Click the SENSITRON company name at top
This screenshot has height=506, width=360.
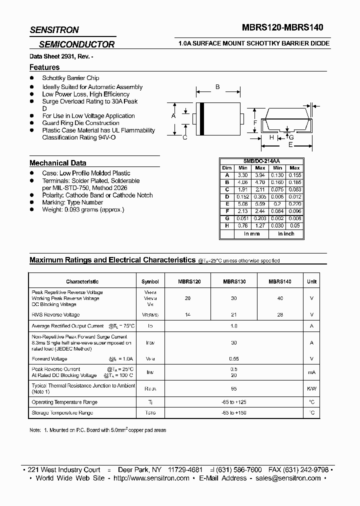pos(54,30)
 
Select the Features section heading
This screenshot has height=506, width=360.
pos(44,67)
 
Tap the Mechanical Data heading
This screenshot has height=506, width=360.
pos(57,163)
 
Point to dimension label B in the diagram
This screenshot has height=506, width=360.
pos(217,87)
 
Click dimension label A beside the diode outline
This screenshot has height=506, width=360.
pos(173,116)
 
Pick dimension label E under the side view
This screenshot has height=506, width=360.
pos(290,144)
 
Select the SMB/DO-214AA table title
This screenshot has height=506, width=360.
pos(261,161)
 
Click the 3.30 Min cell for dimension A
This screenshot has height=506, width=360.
pos(242,175)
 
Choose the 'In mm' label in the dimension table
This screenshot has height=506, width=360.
pos(251,234)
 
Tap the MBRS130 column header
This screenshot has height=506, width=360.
pos(234,282)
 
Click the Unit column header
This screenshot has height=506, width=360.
pos(312,282)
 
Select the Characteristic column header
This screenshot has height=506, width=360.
pos(82,282)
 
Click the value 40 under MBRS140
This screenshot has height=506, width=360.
pos(279,298)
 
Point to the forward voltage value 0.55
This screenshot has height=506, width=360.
pos(234,359)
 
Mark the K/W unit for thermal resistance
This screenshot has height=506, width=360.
pos(312,388)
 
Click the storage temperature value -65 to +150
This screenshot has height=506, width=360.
pos(234,413)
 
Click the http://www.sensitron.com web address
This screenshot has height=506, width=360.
pos(151,478)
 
